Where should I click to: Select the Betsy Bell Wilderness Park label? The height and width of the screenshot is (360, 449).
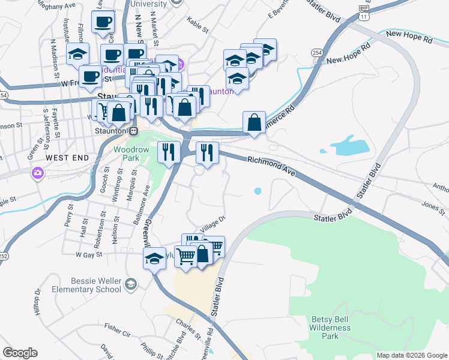click(330, 328)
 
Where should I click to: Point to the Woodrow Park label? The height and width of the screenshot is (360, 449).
click(127, 152)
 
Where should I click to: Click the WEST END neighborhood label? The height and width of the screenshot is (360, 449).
click(67, 158)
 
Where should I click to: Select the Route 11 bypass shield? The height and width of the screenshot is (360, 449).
click(363, 11)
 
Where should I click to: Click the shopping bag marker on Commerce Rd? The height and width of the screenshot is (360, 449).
click(255, 122)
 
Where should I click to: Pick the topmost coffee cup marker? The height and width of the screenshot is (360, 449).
click(103, 22)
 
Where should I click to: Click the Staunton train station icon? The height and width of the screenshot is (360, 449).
click(134, 131)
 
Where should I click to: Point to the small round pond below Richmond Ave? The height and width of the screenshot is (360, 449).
click(258, 191)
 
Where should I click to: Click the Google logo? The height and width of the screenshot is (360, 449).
click(20, 353)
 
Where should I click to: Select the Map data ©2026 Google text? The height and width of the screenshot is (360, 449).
click(411, 355)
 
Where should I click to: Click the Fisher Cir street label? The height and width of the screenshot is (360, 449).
click(117, 329)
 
